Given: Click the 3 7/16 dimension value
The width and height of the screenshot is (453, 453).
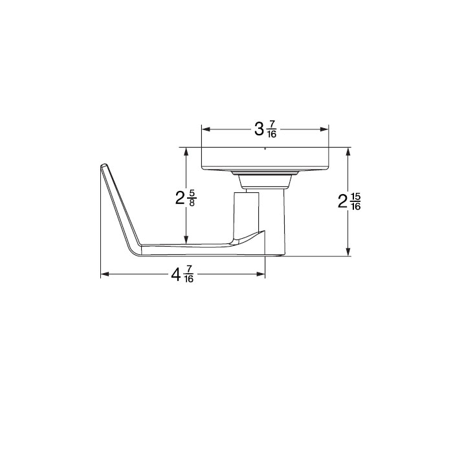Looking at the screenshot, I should coord(266,129).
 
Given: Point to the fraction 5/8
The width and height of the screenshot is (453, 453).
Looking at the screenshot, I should coord(193,197).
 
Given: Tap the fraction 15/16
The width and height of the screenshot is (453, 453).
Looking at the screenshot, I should coord(355,202).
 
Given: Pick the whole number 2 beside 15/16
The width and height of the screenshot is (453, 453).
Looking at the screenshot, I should coord(343,203).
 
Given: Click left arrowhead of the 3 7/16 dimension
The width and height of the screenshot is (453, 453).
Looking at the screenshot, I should coord(205,129).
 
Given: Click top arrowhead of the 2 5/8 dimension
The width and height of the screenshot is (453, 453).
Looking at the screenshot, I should coord(186,151).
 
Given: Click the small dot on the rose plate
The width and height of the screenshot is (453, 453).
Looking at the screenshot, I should coord(265,149).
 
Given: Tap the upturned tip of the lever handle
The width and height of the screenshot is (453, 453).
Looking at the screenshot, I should coord(104,166).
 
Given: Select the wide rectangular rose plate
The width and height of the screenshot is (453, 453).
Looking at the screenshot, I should coord(265,159).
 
